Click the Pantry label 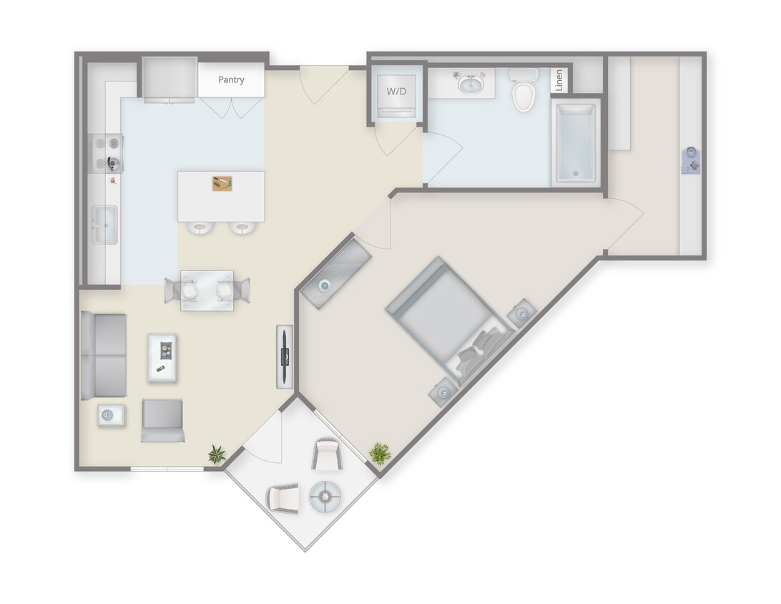click(x=231, y=79)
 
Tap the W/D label click(x=396, y=92)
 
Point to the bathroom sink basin click(x=470, y=85)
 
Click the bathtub click(x=576, y=142)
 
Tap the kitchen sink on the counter click(x=104, y=224)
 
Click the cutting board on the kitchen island click(x=222, y=183)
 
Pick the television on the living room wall click(x=285, y=356)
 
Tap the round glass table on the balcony click(x=328, y=495)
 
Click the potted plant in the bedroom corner click(x=380, y=452)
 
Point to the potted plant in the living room click(x=217, y=452)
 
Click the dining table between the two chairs click(x=207, y=291)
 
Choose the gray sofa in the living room click(x=104, y=356)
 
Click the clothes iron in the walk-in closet click(x=691, y=160)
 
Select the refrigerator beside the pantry click(x=169, y=79)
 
